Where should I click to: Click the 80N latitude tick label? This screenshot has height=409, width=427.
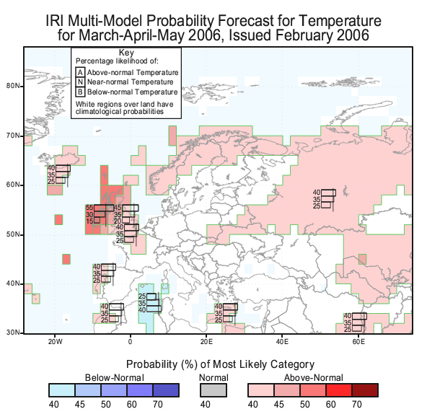click(x=13, y=86)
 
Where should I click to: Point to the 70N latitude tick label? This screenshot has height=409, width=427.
click(x=13, y=136)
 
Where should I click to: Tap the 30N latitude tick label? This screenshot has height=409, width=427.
click(x=13, y=333)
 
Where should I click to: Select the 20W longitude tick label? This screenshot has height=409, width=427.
click(x=56, y=341)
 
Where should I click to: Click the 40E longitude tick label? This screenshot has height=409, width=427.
click(x=282, y=341)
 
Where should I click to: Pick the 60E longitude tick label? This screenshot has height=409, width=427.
click(x=358, y=341)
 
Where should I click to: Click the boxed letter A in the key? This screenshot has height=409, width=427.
click(x=80, y=72)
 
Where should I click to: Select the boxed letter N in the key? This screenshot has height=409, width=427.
click(x=80, y=82)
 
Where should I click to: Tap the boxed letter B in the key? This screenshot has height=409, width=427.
click(x=80, y=92)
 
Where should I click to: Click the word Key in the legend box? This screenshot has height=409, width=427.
click(x=126, y=53)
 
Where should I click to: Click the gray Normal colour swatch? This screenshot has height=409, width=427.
click(x=213, y=390)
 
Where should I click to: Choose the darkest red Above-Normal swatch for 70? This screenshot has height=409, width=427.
click(x=365, y=390)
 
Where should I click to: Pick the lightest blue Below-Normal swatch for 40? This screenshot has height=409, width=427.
click(x=62, y=390)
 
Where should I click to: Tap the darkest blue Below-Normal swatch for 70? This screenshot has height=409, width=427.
click(x=166, y=390)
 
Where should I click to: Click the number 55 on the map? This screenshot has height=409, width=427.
click(x=89, y=208)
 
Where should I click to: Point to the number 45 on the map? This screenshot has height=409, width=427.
click(x=118, y=208)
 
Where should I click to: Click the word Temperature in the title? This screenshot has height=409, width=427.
click(x=340, y=21)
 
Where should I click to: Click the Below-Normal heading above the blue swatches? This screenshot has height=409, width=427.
click(x=115, y=378)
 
